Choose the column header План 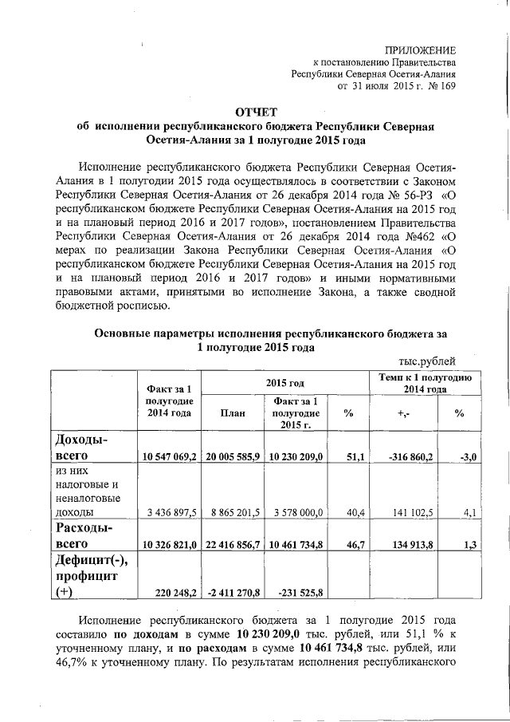[232, 412]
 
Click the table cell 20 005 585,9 [233, 456]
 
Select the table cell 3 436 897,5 [169, 512]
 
